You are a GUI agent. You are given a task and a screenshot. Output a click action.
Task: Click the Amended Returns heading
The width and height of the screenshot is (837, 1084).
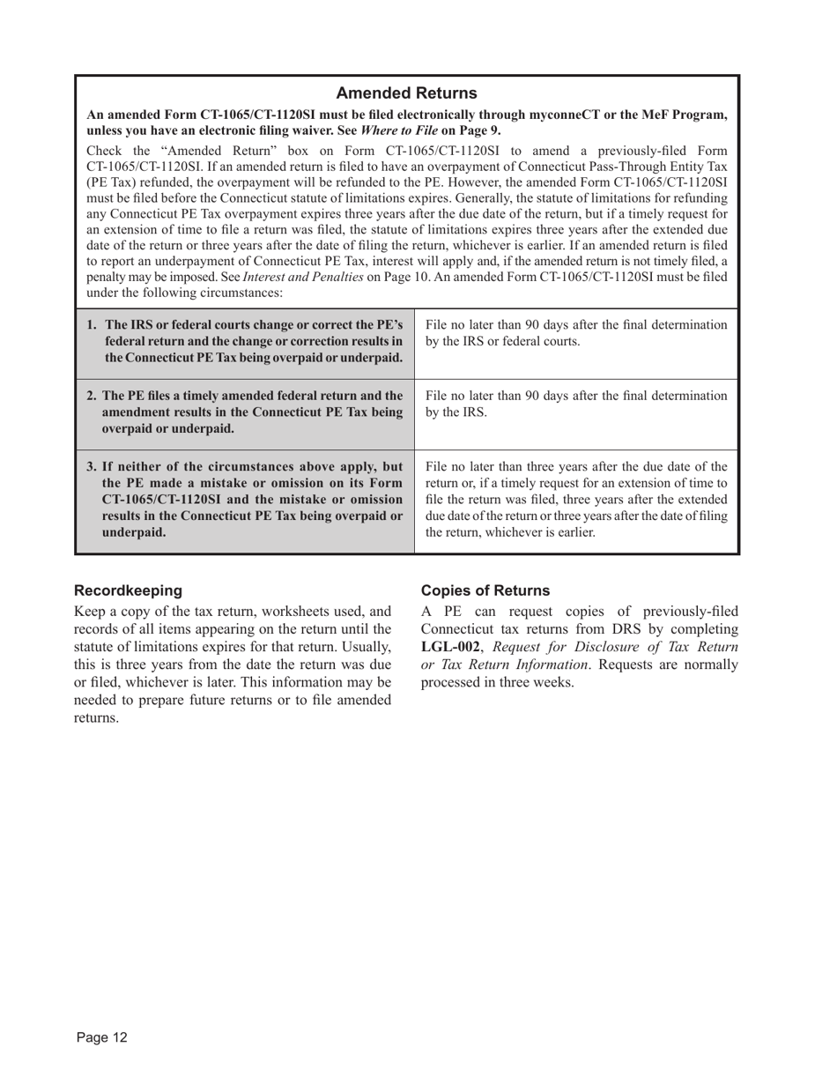click(406, 93)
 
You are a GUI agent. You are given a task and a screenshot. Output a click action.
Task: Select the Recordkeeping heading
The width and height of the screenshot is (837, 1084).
click(129, 590)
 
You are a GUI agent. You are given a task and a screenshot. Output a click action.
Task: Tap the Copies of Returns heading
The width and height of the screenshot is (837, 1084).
click(485, 590)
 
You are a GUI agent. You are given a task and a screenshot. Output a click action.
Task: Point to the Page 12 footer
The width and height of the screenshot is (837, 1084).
click(101, 1037)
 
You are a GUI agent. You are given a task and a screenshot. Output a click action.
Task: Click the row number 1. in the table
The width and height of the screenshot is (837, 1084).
click(93, 325)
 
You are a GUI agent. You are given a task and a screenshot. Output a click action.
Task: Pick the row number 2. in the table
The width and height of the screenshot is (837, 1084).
click(92, 396)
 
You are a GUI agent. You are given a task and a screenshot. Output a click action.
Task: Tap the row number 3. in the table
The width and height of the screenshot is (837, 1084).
click(92, 466)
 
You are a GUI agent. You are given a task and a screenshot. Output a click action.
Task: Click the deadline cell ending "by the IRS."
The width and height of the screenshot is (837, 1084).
click(576, 404)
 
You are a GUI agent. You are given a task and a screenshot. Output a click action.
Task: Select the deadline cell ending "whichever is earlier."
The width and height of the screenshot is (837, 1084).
click(576, 500)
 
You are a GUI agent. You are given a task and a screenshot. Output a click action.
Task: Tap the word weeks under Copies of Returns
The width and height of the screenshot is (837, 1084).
click(552, 682)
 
